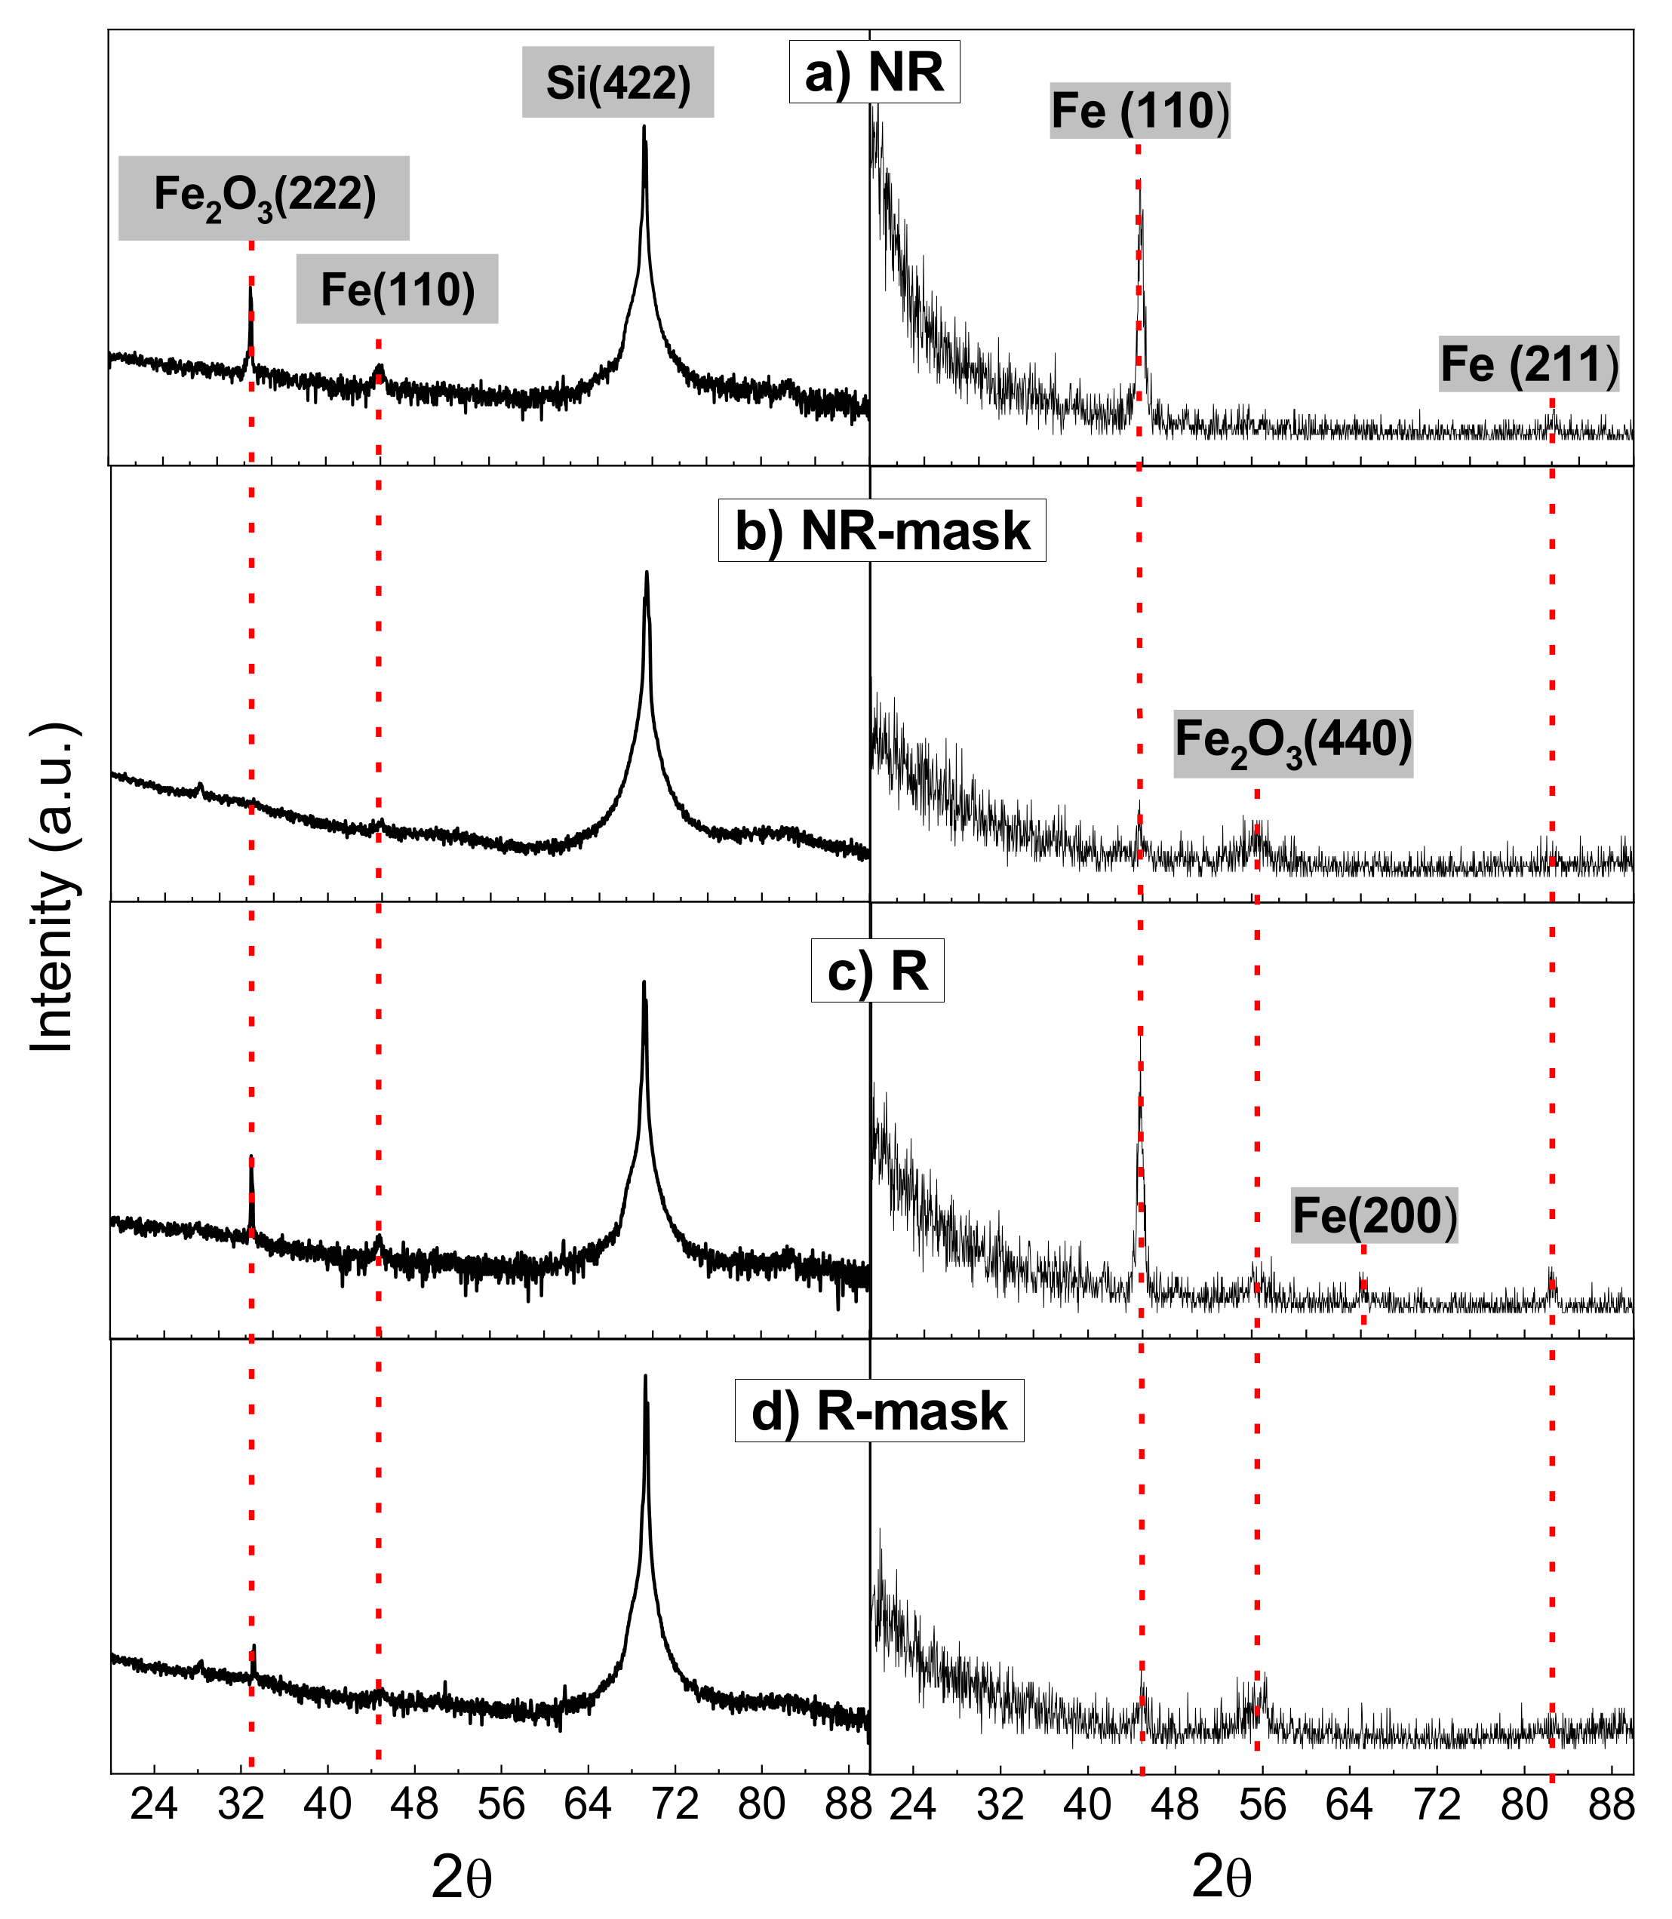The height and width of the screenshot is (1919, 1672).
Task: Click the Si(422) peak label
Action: click(618, 83)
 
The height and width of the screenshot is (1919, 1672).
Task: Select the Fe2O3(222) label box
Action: click(264, 198)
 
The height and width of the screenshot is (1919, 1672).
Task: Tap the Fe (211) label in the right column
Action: click(1529, 364)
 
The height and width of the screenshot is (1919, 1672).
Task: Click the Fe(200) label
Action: click(1373, 1215)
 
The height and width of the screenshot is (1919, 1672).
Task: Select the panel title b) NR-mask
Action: click(882, 531)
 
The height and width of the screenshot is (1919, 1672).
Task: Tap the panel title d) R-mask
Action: click(879, 1411)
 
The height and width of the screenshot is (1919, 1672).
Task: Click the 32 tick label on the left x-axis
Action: click(241, 1805)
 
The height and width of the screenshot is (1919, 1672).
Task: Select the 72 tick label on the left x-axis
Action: click(675, 1805)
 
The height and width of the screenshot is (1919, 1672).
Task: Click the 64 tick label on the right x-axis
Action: click(1348, 1805)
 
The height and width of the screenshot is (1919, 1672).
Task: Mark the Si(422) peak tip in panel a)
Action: click(644, 127)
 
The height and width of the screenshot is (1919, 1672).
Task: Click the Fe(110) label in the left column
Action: click(398, 290)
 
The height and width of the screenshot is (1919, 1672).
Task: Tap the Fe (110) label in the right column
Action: click(1140, 112)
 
